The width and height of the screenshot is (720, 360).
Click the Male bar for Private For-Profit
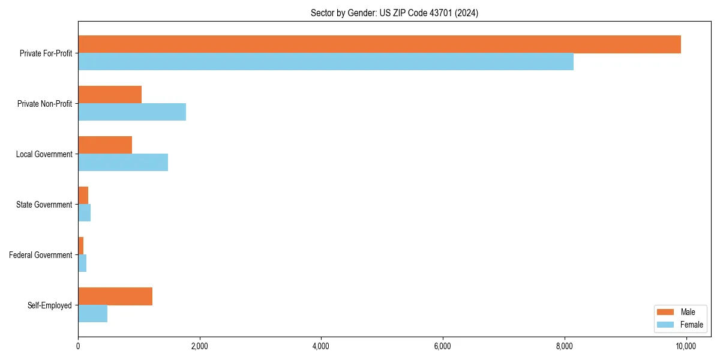(x=379, y=44)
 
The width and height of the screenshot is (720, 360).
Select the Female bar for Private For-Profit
(x=326, y=62)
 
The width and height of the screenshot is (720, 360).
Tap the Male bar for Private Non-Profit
(x=110, y=95)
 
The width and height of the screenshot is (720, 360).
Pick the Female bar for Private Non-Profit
(x=132, y=112)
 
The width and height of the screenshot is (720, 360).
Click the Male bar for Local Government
(x=105, y=145)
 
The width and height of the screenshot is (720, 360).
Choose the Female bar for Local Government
(x=123, y=163)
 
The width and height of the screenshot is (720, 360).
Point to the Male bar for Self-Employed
(x=115, y=296)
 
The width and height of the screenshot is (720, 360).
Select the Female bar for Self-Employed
(x=93, y=314)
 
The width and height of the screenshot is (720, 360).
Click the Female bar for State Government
(x=85, y=213)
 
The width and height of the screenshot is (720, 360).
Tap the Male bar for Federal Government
(x=81, y=246)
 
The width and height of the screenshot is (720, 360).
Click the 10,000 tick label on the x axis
(x=686, y=346)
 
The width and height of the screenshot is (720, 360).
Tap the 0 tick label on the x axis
(x=78, y=346)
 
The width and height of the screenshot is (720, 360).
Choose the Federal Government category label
(x=41, y=255)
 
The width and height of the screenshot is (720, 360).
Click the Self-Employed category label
(x=50, y=305)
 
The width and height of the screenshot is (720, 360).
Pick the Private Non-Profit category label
(x=44, y=104)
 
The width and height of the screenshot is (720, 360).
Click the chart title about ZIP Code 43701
(x=394, y=13)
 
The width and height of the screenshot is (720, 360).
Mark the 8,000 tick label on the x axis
(x=565, y=346)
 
